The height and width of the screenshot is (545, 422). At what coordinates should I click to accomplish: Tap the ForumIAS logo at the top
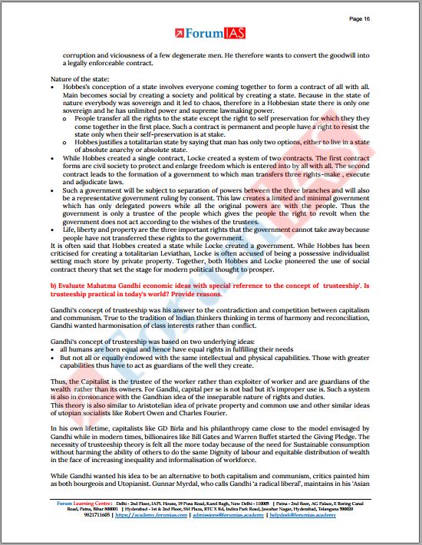coord(210,34)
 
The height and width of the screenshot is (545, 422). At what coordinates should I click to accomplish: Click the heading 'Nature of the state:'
coord(80,81)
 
